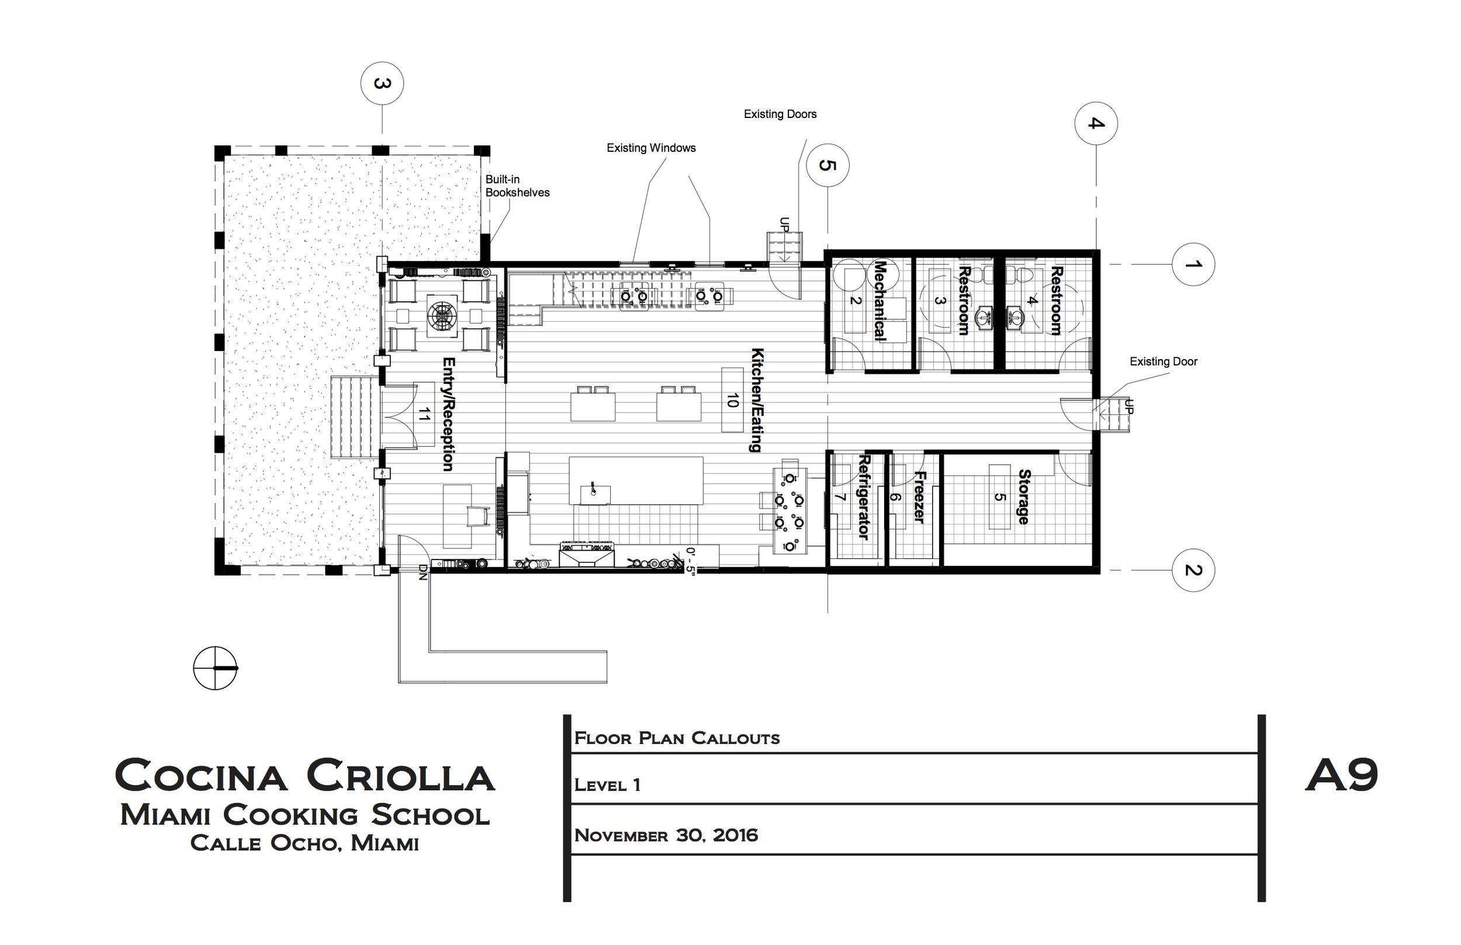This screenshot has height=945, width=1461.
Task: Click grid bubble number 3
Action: [382, 84]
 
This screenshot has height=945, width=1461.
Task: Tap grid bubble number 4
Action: [1096, 124]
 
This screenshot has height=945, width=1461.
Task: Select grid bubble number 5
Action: [828, 165]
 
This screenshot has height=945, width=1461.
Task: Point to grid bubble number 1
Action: [1193, 265]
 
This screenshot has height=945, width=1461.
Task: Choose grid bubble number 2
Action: [1193, 570]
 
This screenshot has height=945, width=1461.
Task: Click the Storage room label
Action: [1023, 497]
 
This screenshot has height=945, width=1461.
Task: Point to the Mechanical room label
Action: [880, 301]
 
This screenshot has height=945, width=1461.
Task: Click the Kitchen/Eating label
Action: [757, 400]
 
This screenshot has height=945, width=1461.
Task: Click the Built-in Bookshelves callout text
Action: [518, 186]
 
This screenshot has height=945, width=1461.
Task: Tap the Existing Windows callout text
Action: [651, 148]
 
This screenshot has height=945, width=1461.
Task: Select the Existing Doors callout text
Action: [780, 114]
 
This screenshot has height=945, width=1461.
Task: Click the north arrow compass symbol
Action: [216, 668]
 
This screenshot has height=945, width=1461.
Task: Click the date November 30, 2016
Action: [666, 835]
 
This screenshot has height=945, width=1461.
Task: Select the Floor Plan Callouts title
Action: [677, 738]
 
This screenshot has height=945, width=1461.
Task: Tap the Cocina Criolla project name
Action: [304, 775]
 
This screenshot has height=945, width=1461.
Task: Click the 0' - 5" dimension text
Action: [691, 559]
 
